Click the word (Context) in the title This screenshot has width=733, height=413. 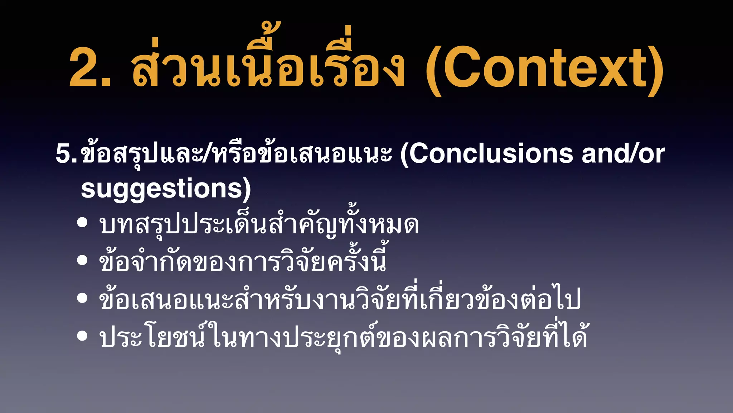pos(544,68)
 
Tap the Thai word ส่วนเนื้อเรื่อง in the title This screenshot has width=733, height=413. pos(268,65)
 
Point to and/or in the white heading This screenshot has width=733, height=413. pos(623,154)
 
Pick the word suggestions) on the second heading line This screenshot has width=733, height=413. pos(166,189)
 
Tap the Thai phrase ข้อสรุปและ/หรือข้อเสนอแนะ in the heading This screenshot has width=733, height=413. pos(236,154)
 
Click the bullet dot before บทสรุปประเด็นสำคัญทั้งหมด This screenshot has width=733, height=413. pos(82,223)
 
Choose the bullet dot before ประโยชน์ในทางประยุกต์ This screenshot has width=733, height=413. pos(82,336)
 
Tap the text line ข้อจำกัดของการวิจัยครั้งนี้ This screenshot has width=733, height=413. pos(243,261)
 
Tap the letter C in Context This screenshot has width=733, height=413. pos(462,68)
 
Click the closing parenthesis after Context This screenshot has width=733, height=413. pos(656,70)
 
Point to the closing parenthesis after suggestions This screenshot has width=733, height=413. pos(247,189)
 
